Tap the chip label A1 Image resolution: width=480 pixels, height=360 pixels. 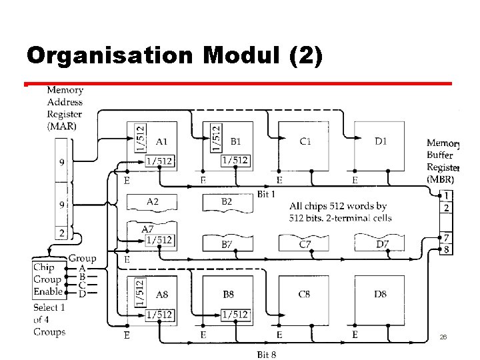coord(161,141)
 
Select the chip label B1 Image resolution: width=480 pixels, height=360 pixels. coord(237,141)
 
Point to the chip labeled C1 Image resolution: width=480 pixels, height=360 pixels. coord(305,141)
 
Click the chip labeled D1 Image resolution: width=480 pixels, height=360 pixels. coord(381,141)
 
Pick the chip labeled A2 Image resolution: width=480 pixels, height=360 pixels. coord(152,201)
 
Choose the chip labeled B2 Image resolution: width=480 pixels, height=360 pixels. coord(227,201)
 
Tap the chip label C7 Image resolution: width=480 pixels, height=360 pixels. coord(305,245)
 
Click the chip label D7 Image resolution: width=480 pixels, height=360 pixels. coord(381,245)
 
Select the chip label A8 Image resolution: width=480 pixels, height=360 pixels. coord(161,294)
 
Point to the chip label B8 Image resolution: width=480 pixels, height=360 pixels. coord(228,293)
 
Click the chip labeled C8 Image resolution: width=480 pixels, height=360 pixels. coord(304,293)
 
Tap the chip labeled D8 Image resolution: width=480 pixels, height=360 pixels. coord(381,293)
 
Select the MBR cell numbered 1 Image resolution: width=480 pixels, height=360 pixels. coord(447,195)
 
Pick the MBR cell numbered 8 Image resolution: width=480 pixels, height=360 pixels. coord(447,250)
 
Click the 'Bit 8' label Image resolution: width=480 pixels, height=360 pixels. coord(267,353)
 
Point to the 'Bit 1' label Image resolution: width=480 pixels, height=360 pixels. coord(267,194)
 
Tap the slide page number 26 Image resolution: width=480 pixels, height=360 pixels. coord(443,337)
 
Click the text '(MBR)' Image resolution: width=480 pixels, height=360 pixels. coord(441,179)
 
